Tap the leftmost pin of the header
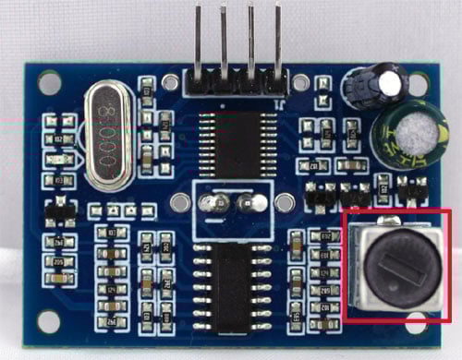coord(200,37)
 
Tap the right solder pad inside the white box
coord(247,203)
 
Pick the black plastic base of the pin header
coord(237,83)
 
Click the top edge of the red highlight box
coord(397,211)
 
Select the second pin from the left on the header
coord(225,37)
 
